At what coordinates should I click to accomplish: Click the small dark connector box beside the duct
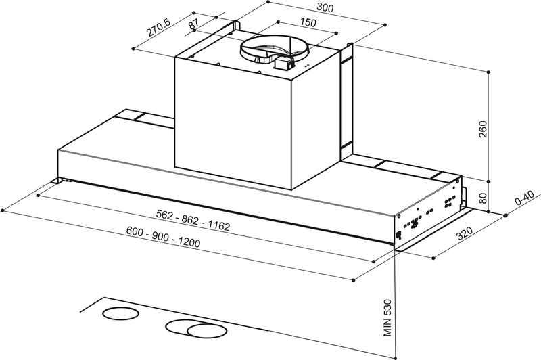[x=283, y=64]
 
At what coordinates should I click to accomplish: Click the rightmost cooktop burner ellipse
[x=209, y=331]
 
